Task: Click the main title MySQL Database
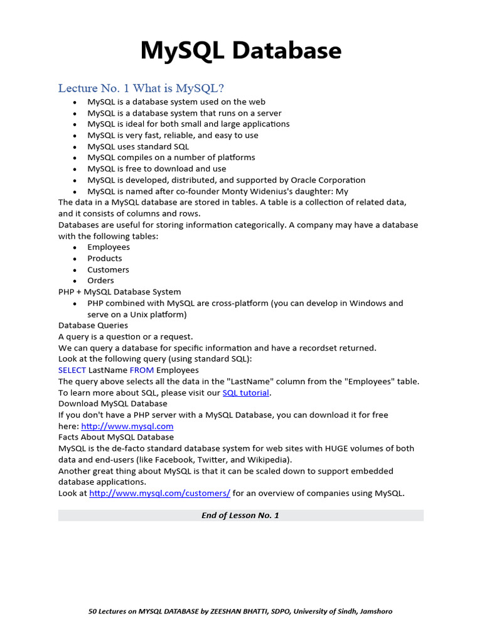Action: coord(241,51)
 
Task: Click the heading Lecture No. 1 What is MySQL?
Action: coord(141,88)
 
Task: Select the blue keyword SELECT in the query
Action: coord(72,370)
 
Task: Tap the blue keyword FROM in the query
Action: coord(142,370)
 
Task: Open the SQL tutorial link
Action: coord(246,392)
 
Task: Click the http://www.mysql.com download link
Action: coord(127,426)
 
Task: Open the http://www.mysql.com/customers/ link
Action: coord(160,493)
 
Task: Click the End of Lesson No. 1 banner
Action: coord(241,515)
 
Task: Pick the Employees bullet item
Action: coord(109,247)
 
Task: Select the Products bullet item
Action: coord(105,258)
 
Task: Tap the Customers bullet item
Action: coord(108,269)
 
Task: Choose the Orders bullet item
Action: coord(100,281)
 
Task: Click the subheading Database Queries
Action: coord(93,325)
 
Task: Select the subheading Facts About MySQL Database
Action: coord(116,437)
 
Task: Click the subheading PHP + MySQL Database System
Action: coord(119,292)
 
